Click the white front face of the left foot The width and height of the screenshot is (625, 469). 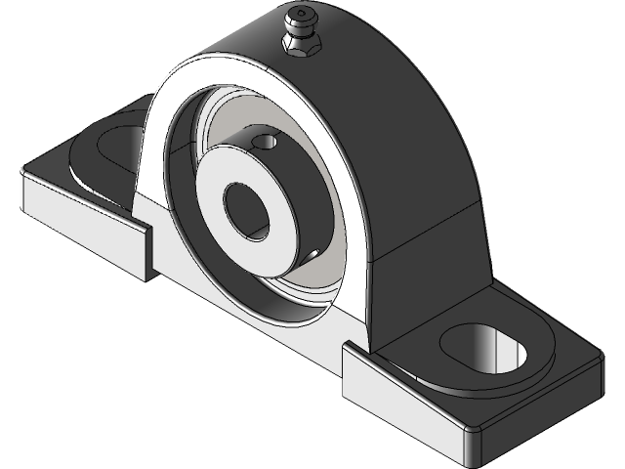78,225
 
